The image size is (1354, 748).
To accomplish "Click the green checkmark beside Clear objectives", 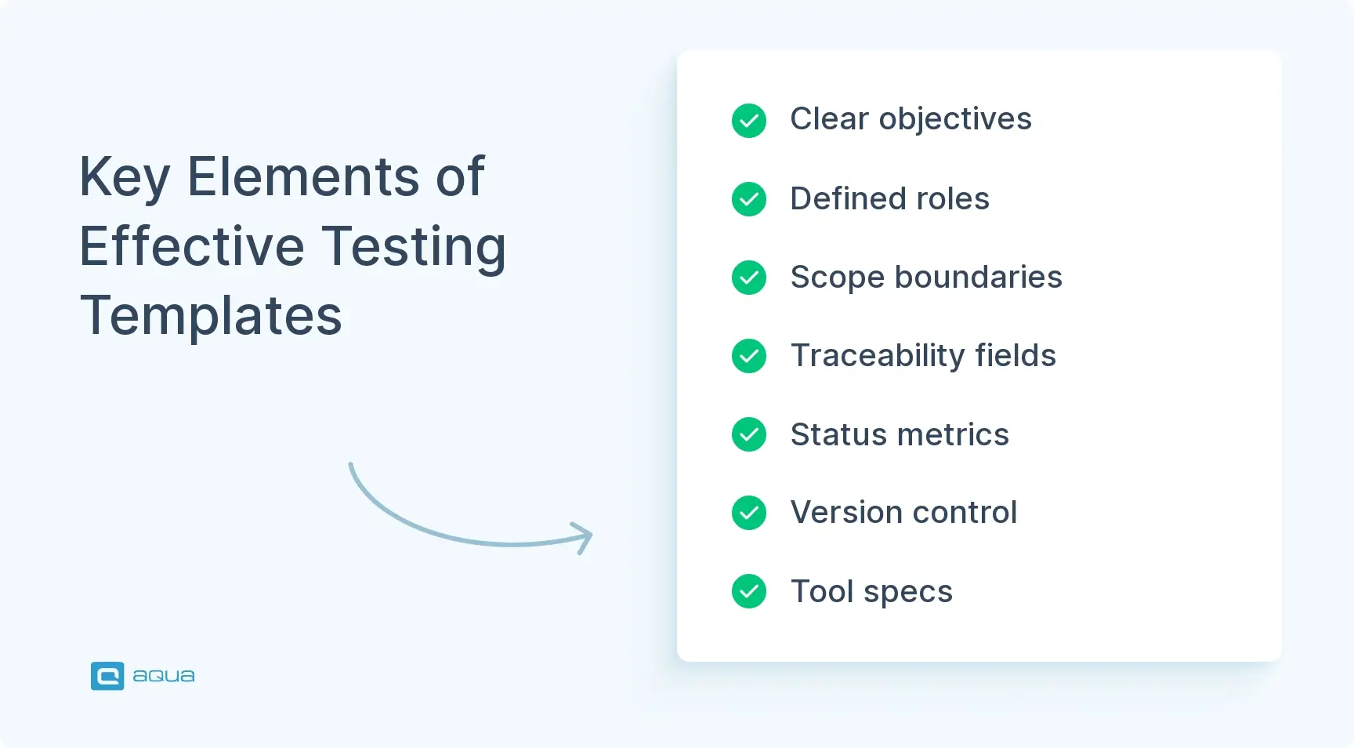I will pyautogui.click(x=749, y=121).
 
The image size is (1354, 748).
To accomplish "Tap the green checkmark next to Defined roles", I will pyautogui.click(x=749, y=199).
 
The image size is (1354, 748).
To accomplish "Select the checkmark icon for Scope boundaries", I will pyautogui.click(x=749, y=278).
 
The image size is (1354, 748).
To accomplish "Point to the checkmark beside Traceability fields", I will pyautogui.click(x=749, y=356).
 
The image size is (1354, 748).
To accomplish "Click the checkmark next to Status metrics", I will pyautogui.click(x=749, y=434).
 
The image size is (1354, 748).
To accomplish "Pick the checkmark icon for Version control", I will pyautogui.click(x=749, y=513).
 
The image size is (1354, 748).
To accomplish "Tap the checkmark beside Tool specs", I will pyautogui.click(x=749, y=591).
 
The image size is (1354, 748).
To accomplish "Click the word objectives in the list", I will pyautogui.click(x=955, y=120).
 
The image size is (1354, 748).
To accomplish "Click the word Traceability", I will pyautogui.click(x=877, y=356).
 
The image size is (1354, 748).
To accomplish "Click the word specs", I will pyautogui.click(x=908, y=592).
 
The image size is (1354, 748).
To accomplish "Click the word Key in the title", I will pyautogui.click(x=125, y=177).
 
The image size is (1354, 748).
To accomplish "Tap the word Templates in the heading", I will pyautogui.click(x=211, y=315).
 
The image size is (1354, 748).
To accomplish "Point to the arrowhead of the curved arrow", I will pyautogui.click(x=586, y=537).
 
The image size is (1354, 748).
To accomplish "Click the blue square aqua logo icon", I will pyautogui.click(x=107, y=676).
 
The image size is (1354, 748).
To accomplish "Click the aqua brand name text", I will pyautogui.click(x=163, y=676).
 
